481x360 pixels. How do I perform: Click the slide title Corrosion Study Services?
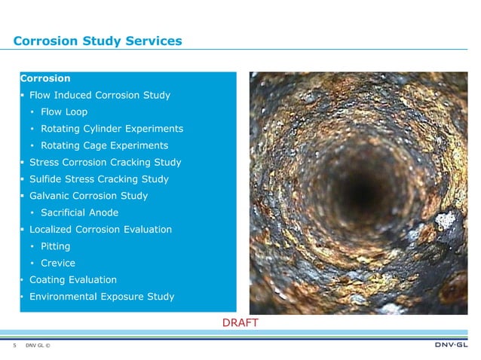pyautogui.click(x=97, y=41)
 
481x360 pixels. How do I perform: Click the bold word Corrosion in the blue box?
pyautogui.click(x=46, y=78)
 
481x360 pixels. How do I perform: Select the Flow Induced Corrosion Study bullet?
pyautogui.click(x=100, y=96)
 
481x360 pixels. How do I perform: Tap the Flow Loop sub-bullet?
pyautogui.click(x=64, y=112)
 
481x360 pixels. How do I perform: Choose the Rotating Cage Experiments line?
pyautogui.click(x=104, y=145)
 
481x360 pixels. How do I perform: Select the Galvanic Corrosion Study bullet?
pyautogui.click(x=88, y=196)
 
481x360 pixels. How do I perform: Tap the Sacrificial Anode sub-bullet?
pyautogui.click(x=79, y=212)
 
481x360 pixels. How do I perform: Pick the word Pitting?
pyautogui.click(x=57, y=246)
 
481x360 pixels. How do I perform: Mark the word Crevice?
pyautogui.click(x=58, y=263)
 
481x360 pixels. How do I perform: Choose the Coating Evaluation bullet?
pyautogui.click(x=72, y=279)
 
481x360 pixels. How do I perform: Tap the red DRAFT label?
pyautogui.click(x=240, y=322)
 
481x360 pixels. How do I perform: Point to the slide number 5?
pyautogui.click(x=14, y=346)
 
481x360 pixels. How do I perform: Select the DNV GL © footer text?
pyautogui.click(x=38, y=346)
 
